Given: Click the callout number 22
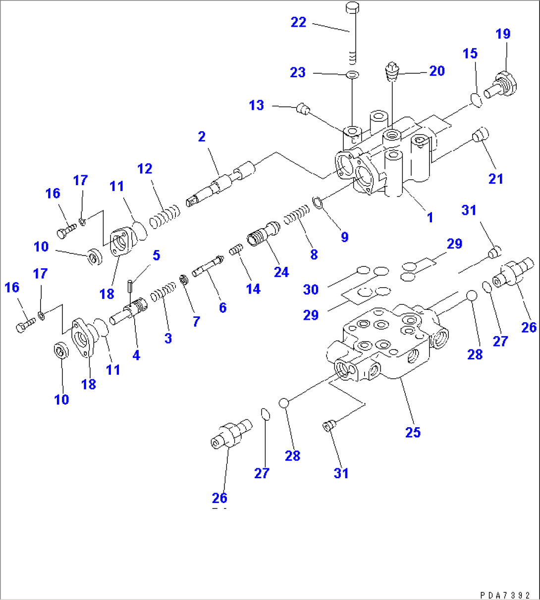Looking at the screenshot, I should pyautogui.click(x=298, y=22).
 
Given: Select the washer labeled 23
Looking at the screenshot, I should pyautogui.click(x=352, y=75).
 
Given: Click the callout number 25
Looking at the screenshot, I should pyautogui.click(x=413, y=432).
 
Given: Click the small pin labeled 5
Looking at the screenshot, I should pyautogui.click(x=130, y=286).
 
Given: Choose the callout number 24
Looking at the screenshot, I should pyautogui.click(x=281, y=272).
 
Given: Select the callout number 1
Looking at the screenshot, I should pyautogui.click(x=430, y=217).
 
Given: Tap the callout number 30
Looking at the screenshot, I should pyautogui.click(x=311, y=289).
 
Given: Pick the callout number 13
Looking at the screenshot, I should pyautogui.click(x=256, y=105).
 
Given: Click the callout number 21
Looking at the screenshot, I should pyautogui.click(x=495, y=179).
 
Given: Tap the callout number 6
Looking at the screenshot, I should pyautogui.click(x=222, y=307).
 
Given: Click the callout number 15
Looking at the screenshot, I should pyautogui.click(x=470, y=53).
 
